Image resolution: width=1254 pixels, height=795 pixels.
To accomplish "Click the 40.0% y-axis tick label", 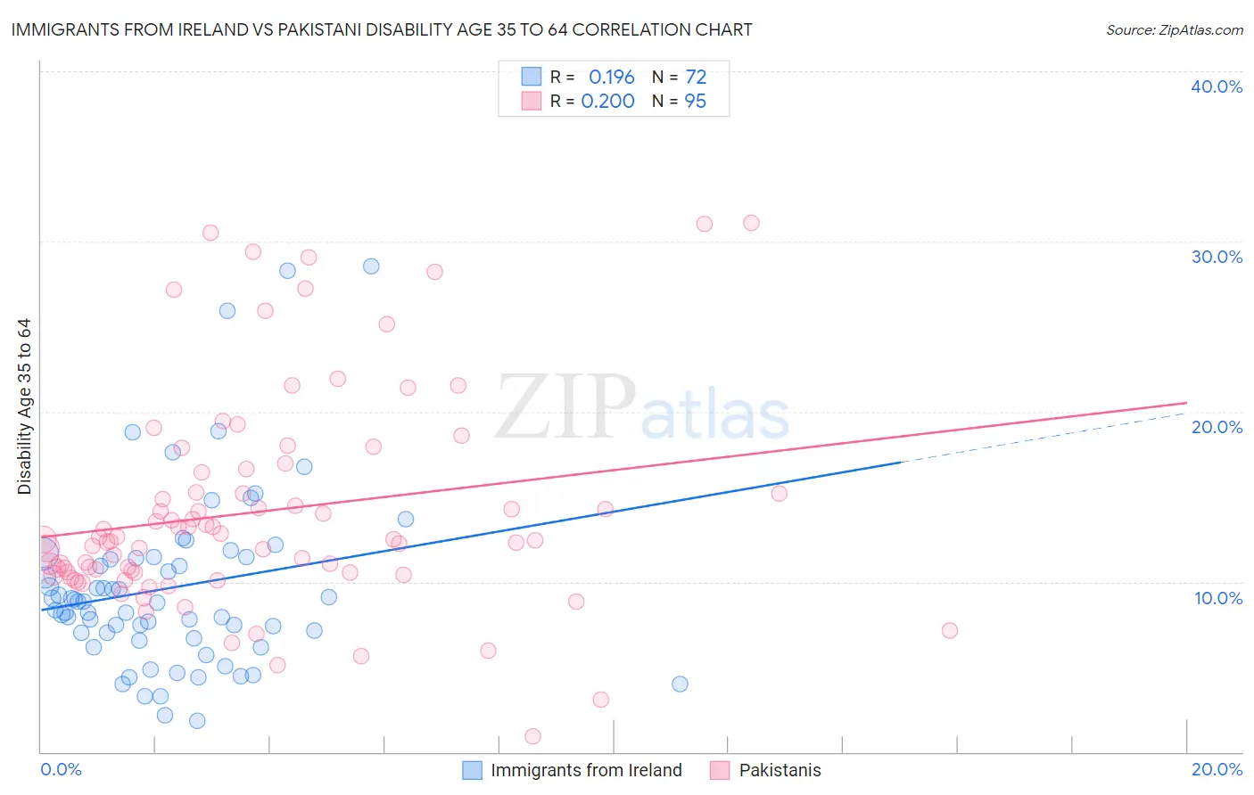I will coord(1217,86).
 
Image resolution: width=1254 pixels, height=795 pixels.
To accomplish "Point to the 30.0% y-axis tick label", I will coord(1217,257).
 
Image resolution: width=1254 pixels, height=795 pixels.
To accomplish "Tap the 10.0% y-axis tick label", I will coord(1218,598).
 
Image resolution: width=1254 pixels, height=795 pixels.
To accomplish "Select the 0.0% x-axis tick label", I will coord(61,769).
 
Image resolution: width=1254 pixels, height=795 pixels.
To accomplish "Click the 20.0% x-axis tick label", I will coord(1217,769).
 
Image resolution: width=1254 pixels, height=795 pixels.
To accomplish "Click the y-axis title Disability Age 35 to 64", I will coord(24,406).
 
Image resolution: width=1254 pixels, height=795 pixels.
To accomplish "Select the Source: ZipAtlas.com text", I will coord(1174,30).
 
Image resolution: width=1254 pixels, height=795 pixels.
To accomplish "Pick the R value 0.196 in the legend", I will coord(611,77).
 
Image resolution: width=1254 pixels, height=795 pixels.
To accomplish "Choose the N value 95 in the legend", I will coord(695,102).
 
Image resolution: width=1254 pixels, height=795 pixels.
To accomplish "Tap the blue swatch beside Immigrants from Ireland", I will coord(472,770).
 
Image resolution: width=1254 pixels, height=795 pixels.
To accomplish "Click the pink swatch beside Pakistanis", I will coord(720,770).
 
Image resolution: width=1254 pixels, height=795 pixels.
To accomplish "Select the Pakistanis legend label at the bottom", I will coord(780,770).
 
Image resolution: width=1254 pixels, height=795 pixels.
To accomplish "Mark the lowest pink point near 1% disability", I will coord(532,736).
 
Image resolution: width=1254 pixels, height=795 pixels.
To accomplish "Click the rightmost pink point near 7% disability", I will coord(950,630).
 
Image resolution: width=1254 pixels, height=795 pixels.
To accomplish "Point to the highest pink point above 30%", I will coord(751,223).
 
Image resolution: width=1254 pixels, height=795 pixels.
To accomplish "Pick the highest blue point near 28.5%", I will coord(371,266).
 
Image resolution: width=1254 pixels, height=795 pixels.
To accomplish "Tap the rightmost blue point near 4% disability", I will coord(680,684).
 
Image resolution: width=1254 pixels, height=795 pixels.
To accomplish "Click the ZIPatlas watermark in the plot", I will coord(642,408).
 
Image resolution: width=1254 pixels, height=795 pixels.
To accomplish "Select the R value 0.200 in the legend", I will coord(607,102).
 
